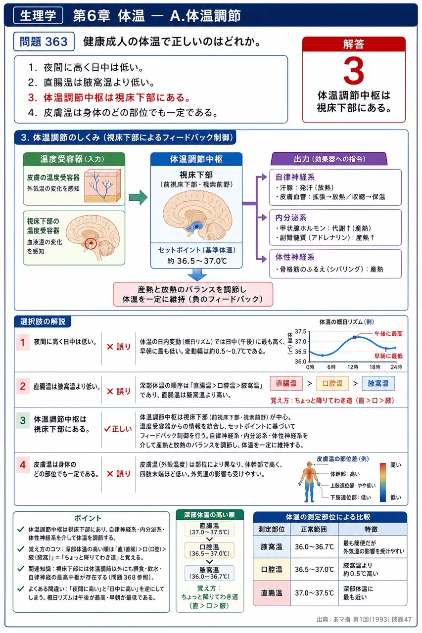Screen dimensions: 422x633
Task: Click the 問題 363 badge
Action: tap(44, 42)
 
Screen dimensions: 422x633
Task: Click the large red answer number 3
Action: tap(354, 70)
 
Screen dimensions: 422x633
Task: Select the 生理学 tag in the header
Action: tap(38, 15)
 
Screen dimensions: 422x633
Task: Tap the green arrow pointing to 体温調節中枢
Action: tap(138, 197)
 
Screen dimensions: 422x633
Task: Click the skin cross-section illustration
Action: tap(102, 185)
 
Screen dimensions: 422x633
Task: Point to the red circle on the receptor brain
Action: tap(91, 243)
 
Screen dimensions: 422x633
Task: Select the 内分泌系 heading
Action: tap(291, 217)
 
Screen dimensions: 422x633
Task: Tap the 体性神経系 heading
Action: tap(295, 257)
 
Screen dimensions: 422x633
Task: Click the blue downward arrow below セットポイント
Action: tap(197, 274)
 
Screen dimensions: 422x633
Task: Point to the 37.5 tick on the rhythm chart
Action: tap(301, 331)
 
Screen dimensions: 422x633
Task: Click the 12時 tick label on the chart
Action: tap(353, 367)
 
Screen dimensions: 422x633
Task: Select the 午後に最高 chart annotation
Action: tap(388, 333)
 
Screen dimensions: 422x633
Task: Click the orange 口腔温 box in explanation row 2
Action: tap(332, 383)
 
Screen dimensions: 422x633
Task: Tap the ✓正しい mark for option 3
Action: tap(118, 429)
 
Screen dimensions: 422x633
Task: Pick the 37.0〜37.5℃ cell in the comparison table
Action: tap(314, 593)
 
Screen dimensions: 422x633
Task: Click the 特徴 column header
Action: tap(371, 529)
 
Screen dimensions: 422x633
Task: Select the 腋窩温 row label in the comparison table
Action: tap(271, 547)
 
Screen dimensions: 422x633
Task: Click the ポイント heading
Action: tap(88, 518)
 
